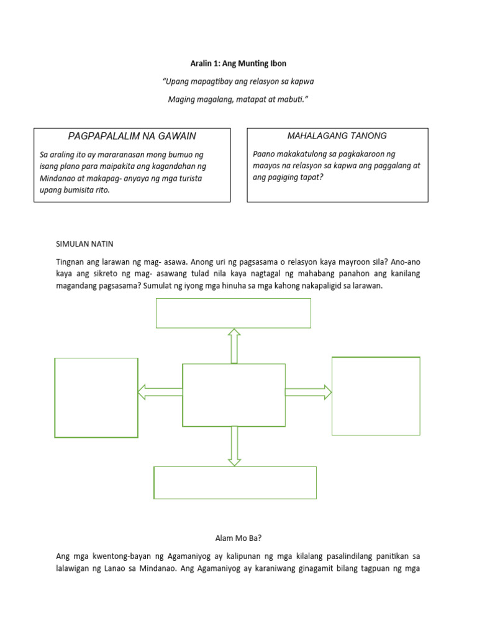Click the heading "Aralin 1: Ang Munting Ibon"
(x=238, y=63)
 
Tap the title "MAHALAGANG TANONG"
(x=337, y=136)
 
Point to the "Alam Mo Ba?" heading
(x=238, y=538)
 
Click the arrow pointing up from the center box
(x=234, y=345)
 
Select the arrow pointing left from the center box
(x=160, y=392)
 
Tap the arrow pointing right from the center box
(x=309, y=392)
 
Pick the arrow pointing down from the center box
(x=234, y=446)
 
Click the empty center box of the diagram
(x=234, y=395)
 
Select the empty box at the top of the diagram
(x=233, y=312)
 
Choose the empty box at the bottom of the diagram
(x=235, y=483)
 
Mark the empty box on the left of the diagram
(x=96, y=397)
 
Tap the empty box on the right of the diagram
(x=376, y=396)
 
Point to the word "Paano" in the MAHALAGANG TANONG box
(x=265, y=153)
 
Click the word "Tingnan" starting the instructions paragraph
(x=70, y=262)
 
